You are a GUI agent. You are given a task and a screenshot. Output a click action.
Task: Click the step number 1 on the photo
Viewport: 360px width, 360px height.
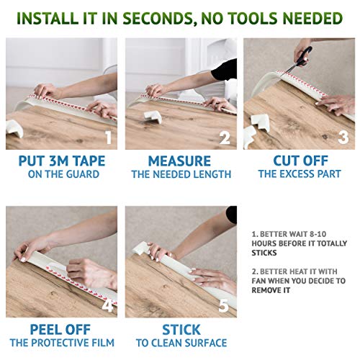[x=109, y=138]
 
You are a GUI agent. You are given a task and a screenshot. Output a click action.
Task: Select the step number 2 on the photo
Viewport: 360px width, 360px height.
[x=225, y=138]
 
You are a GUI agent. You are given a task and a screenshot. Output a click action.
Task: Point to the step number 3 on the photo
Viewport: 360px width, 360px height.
[x=343, y=138]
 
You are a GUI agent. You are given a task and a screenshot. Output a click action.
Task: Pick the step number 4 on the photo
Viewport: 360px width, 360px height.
[x=107, y=305]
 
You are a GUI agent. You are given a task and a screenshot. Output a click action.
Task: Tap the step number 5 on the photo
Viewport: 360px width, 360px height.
[x=224, y=306]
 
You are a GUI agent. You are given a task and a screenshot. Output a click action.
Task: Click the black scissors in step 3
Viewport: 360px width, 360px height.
[x=300, y=59]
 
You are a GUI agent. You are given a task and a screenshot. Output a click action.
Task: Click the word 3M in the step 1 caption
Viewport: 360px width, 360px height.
[x=58, y=161]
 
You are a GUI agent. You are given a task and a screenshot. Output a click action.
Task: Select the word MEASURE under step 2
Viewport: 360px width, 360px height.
[x=179, y=161]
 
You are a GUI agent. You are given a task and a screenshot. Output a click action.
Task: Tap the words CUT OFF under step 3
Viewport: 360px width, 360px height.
[x=300, y=161]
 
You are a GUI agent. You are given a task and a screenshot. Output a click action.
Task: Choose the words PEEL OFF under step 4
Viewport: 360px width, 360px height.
[x=60, y=330]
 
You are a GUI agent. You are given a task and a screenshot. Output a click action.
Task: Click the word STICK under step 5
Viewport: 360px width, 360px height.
[x=181, y=330]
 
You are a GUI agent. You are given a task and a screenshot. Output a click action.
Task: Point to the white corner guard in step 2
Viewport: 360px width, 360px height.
[x=153, y=117]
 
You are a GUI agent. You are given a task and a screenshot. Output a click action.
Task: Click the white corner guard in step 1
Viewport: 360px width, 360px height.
[x=14, y=129]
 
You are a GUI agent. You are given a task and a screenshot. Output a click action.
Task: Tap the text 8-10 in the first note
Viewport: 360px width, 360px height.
[x=318, y=234]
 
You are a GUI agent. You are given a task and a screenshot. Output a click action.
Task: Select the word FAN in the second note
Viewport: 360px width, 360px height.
[x=258, y=281]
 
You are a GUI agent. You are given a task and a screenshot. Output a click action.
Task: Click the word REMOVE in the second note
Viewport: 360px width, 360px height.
[x=265, y=290]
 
